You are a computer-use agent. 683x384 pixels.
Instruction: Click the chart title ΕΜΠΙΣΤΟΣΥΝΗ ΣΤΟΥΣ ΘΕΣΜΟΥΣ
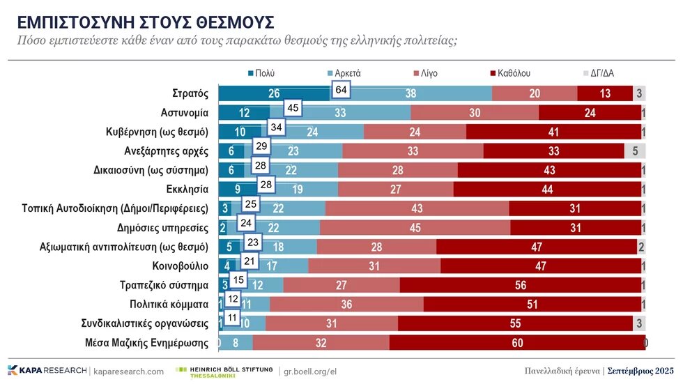coord(145,22)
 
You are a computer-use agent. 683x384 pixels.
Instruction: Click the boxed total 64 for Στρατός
coord(341,90)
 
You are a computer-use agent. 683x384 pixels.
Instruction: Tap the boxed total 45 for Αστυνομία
coord(293,108)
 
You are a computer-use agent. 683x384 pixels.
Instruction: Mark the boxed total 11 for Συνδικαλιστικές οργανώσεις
coord(233,318)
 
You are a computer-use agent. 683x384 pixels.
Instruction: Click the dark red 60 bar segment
coord(517,342)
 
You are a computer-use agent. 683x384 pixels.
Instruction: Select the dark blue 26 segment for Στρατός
coord(274,93)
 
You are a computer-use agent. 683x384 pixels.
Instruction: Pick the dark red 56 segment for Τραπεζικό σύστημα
coord(520,284)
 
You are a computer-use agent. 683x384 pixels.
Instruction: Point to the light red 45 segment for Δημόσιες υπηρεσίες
coord(415,227)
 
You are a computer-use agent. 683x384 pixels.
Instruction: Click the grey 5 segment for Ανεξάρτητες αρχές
coord(635,151)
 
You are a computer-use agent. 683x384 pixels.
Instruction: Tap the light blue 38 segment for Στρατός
coord(411,93)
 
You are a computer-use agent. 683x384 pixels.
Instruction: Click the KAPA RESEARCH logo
coord(47,371)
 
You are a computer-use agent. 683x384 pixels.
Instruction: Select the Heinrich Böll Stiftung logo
coord(224,371)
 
